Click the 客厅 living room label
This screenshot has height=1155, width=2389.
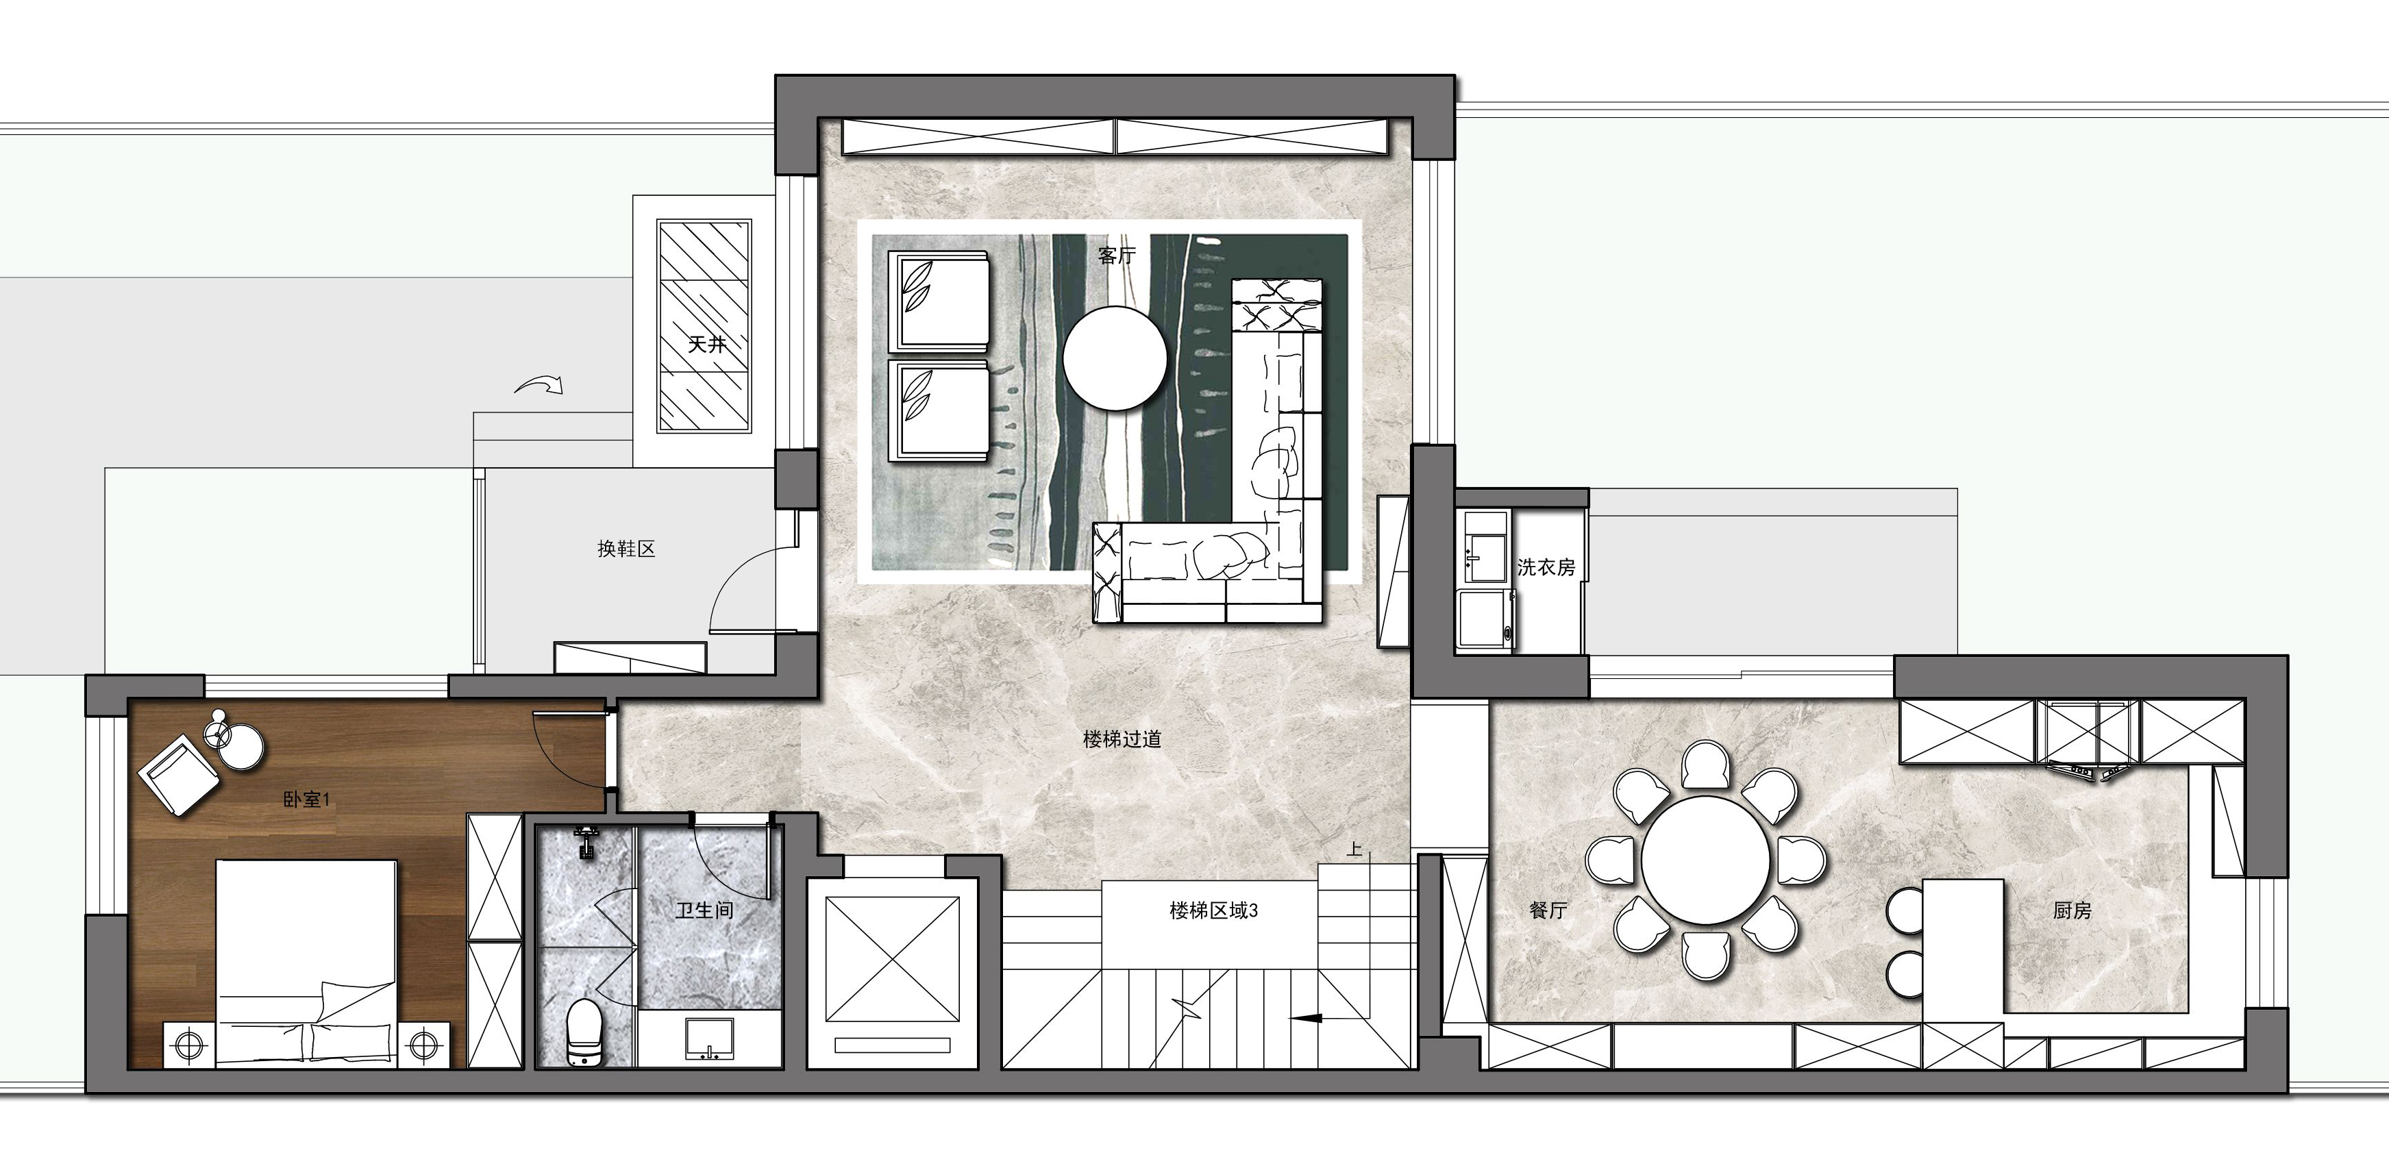(x=1117, y=255)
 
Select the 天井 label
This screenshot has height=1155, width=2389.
(x=706, y=344)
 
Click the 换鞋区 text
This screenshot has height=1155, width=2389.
(x=626, y=549)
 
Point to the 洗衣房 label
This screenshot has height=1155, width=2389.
(x=1546, y=567)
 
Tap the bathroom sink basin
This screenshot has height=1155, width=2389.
(x=710, y=1039)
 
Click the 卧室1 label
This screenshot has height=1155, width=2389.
(x=306, y=799)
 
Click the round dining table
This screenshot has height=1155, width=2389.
(x=1705, y=859)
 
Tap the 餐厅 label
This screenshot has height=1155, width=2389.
(x=1548, y=910)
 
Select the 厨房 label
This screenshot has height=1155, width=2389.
(x=2072, y=910)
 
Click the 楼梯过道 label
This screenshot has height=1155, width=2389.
(x=1122, y=738)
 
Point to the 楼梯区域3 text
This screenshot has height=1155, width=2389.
(x=1213, y=910)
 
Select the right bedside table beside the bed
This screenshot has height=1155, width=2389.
(x=422, y=1045)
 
